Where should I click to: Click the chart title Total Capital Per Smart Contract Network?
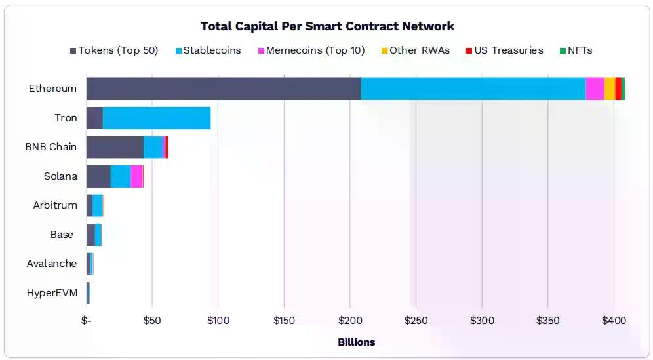tap(327, 26)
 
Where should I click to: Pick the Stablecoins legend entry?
tap(208, 50)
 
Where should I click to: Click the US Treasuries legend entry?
tap(504, 50)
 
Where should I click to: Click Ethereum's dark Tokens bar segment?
tap(223, 89)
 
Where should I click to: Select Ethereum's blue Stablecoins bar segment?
tap(472, 89)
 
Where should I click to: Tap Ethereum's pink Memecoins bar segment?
tap(595, 89)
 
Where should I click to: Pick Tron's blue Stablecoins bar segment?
tap(156, 118)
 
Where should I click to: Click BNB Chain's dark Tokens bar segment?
tap(115, 147)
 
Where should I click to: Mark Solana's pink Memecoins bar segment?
tap(136, 176)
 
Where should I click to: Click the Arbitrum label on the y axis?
tap(55, 205)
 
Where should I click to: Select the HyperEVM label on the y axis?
tap(52, 293)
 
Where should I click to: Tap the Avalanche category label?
tap(52, 264)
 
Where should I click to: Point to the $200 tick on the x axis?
tap(349, 321)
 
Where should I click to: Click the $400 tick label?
tap(614, 321)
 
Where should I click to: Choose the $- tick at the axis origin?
tap(87, 321)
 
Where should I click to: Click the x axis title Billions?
tap(356, 342)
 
